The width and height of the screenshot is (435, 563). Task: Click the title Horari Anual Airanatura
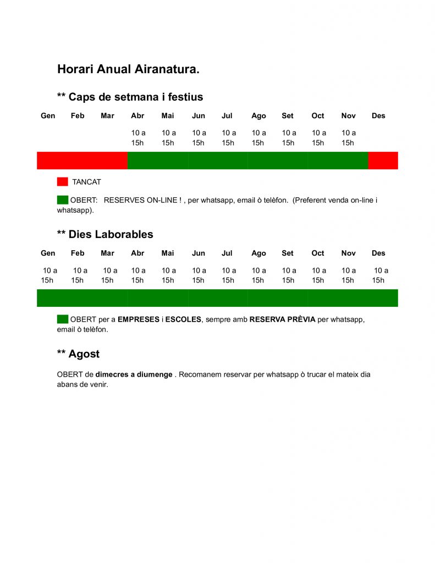(128, 69)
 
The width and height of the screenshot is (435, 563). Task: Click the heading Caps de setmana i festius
(130, 97)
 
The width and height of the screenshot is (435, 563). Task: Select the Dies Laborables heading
(105, 234)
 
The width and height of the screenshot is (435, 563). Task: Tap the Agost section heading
(78, 354)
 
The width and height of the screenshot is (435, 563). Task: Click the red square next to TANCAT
(62, 181)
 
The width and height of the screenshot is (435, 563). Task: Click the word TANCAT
(87, 182)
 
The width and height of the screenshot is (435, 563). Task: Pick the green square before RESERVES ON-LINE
(62, 200)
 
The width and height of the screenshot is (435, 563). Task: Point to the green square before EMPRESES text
(62, 319)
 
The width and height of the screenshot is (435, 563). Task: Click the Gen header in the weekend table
(48, 116)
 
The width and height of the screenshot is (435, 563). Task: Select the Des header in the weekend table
(378, 116)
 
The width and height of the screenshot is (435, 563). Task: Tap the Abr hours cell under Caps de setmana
(138, 138)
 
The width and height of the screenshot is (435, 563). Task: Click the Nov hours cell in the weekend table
(348, 138)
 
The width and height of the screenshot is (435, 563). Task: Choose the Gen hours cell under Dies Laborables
(48, 275)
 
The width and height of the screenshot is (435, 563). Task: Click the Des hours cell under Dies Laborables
(379, 275)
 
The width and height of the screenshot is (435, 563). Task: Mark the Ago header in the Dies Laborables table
(258, 253)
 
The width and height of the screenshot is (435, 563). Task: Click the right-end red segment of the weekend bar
(383, 161)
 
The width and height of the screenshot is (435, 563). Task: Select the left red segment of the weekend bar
(82, 161)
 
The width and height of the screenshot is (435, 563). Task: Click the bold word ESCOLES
(183, 319)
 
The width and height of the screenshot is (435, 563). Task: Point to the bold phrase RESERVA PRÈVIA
(282, 319)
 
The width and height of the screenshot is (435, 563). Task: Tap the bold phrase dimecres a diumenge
(134, 374)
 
